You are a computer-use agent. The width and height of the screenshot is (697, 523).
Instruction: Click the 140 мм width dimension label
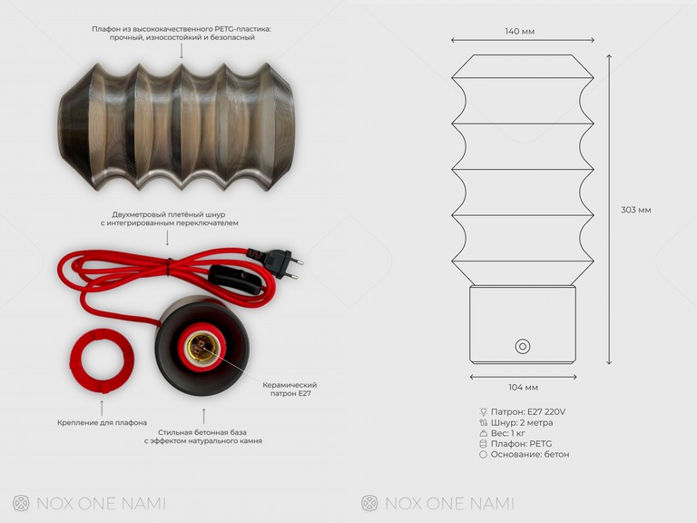(519, 31)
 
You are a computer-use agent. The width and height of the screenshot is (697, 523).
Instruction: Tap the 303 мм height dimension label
(635, 210)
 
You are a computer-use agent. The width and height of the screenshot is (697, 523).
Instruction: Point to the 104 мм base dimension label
(523, 388)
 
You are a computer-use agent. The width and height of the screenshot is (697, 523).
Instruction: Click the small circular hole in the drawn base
(523, 346)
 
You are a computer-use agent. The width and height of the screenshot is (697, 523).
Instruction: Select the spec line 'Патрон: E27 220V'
(527, 411)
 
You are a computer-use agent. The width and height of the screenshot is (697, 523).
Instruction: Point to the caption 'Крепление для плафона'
(102, 422)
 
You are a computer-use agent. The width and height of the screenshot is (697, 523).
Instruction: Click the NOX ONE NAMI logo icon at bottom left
(21, 503)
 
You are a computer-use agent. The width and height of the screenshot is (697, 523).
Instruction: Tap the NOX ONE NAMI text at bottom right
(449, 503)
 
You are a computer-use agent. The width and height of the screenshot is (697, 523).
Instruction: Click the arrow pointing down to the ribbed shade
(181, 53)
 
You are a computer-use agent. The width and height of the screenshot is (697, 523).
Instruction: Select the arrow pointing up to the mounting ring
(102, 405)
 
